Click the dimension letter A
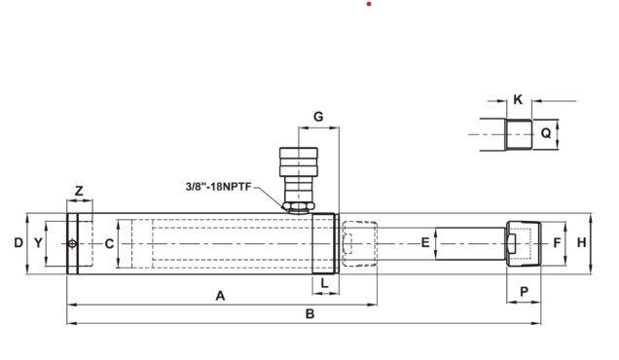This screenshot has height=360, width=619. [x=220, y=295]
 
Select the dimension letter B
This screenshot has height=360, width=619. [x=309, y=313]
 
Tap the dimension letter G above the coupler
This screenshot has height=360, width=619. [x=317, y=117]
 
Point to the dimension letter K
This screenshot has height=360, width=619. [x=518, y=99]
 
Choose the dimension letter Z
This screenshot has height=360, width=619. [x=79, y=191]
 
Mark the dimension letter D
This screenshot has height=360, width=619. [x=18, y=242]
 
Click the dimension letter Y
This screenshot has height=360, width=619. [x=38, y=242]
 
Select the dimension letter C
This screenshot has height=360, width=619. [x=109, y=242]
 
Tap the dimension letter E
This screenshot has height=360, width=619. [x=425, y=242]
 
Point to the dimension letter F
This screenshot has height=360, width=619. [x=558, y=242]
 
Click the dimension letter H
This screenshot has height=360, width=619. [x=581, y=242]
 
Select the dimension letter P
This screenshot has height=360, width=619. [x=523, y=291]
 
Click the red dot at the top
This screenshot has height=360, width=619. [x=369, y=4]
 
